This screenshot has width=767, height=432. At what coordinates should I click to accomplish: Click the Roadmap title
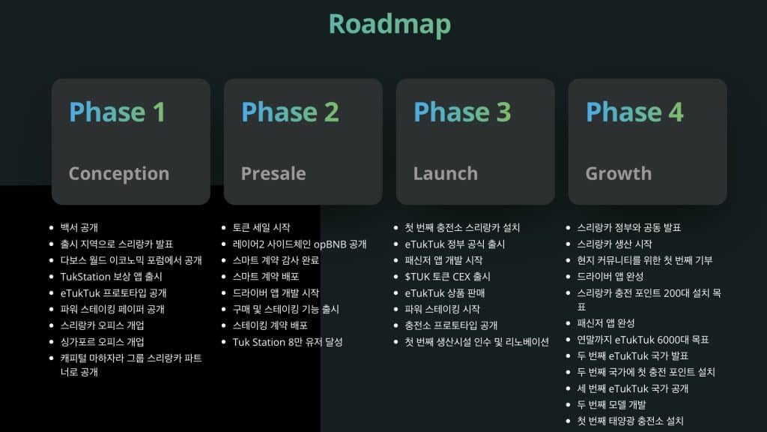point(389,24)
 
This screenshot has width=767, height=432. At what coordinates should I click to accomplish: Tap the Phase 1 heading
point(117,112)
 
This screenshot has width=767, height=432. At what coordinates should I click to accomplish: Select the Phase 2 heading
point(290,112)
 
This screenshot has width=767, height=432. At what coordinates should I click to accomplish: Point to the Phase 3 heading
point(462,112)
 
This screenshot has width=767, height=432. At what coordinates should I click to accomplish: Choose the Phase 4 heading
point(634,112)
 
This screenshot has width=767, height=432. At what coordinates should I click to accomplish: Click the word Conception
point(118,173)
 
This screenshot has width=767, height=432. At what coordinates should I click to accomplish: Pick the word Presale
point(273,173)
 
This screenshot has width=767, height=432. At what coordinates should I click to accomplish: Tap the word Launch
point(445,173)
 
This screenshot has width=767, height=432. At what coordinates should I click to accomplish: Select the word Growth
point(619,173)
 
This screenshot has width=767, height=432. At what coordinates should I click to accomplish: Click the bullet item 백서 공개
point(79,227)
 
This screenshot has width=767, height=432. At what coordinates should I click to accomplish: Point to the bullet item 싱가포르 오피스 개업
point(102,342)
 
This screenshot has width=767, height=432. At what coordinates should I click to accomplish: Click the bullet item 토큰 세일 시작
point(261,227)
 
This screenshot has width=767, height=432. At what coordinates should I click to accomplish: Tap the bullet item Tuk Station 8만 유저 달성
point(288,342)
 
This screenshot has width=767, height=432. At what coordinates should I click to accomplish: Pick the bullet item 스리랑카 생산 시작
point(614,244)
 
